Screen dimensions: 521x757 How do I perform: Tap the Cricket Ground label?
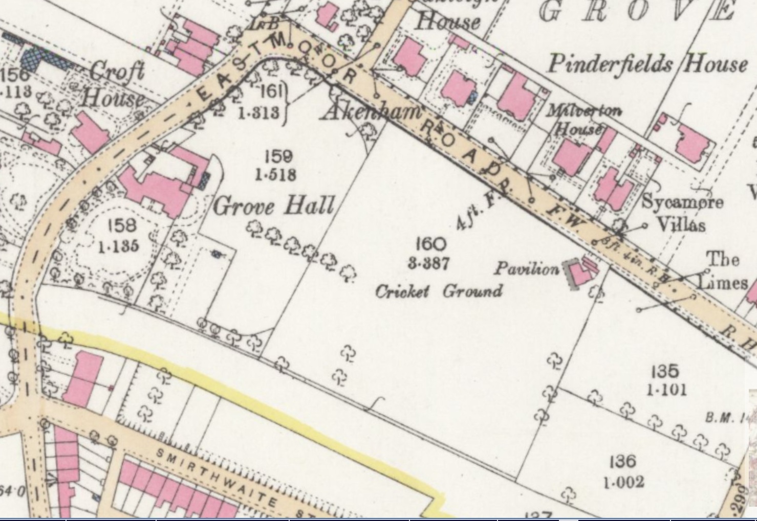pyautogui.click(x=439, y=291)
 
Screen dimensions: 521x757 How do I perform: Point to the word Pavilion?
pyautogui.click(x=526, y=268)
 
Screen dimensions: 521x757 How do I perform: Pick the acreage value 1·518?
pyautogui.click(x=275, y=175)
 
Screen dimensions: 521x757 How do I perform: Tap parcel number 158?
pyautogui.click(x=122, y=225)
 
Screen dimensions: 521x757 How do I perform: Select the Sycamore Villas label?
pyautogui.click(x=682, y=213)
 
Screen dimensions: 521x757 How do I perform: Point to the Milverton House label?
pyautogui.click(x=583, y=119)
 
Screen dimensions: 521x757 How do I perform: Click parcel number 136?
pyautogui.click(x=622, y=462)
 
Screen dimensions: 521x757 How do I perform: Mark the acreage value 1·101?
pyautogui.click(x=665, y=390)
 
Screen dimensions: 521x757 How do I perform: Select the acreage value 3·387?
pyautogui.click(x=429, y=263)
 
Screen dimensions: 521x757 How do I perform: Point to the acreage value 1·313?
pyautogui.click(x=259, y=112)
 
